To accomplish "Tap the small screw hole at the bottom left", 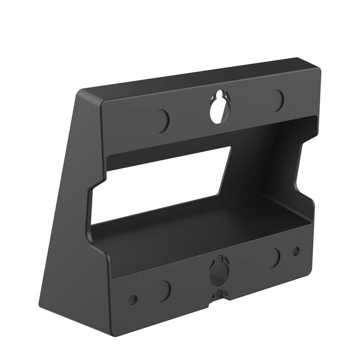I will (133, 298).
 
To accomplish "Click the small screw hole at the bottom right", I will (296, 250).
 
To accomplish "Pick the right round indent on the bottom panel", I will (273, 258).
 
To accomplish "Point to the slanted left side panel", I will (72, 189).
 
